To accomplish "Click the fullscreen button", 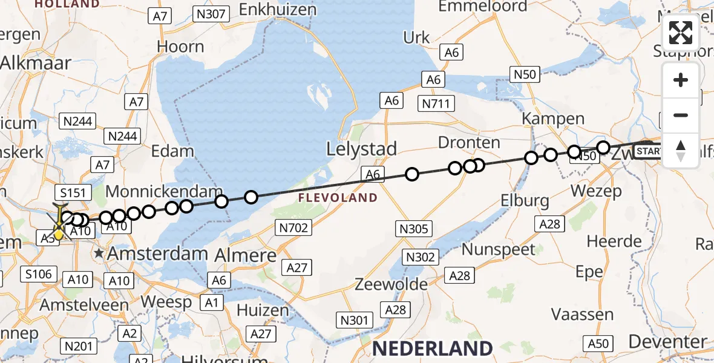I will (x=681, y=33).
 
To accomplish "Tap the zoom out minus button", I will (x=681, y=116).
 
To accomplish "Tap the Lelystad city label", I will (x=361, y=149).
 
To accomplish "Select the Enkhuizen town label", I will (x=278, y=10).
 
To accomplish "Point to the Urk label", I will (x=416, y=38).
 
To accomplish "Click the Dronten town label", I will (x=469, y=143).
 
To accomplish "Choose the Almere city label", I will (x=245, y=255).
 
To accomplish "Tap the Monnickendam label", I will (x=164, y=192).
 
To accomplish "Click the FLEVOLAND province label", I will (x=338, y=198).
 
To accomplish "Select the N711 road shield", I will (x=436, y=103).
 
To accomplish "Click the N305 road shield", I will (x=414, y=229).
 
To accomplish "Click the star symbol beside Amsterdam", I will (x=100, y=254).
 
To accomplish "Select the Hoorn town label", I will (x=180, y=47).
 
